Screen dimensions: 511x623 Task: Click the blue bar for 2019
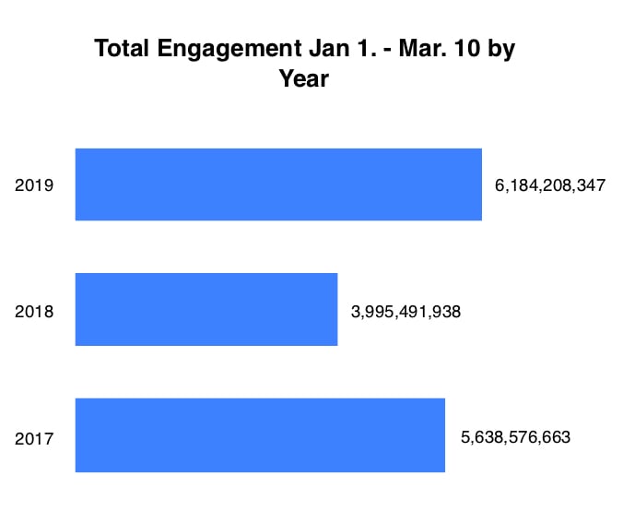click(x=277, y=184)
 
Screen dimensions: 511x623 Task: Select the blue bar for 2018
click(x=206, y=309)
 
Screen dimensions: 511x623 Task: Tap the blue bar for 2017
click(x=259, y=434)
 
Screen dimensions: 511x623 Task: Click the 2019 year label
click(x=34, y=185)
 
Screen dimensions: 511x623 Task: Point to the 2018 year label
click(x=34, y=311)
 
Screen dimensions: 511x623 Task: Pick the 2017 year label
click(x=34, y=438)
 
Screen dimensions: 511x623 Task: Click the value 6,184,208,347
click(x=549, y=185)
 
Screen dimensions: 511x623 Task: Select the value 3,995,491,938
click(x=406, y=311)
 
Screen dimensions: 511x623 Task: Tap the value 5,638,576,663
click(x=515, y=436)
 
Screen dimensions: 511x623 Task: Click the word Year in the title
click(x=303, y=79)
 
